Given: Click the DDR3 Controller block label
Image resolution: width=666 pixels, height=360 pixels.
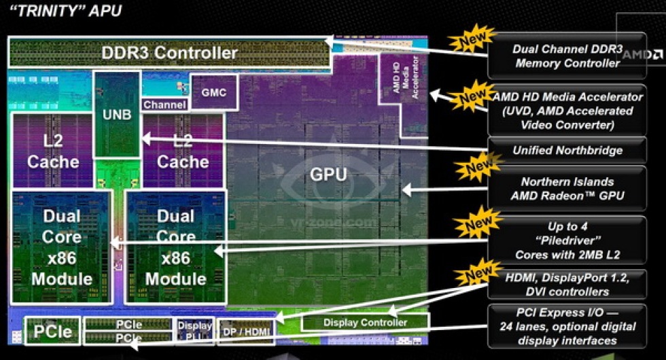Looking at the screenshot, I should tap(169, 52).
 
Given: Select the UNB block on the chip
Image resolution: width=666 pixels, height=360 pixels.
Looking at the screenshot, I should tap(117, 114).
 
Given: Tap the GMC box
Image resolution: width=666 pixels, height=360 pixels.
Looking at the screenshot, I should tap(213, 92).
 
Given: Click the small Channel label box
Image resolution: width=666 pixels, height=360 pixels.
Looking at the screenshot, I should tap(164, 105).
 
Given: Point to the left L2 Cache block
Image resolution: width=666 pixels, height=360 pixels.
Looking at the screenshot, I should tap(52, 151).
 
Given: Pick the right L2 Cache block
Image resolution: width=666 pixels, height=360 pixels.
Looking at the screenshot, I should tap(183, 151).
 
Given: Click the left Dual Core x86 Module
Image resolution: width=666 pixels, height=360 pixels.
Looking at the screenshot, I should tap(62, 247).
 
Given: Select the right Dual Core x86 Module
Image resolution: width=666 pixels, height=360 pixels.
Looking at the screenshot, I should tap(175, 247).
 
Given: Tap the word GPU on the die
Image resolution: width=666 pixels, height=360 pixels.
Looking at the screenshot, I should tap(328, 175).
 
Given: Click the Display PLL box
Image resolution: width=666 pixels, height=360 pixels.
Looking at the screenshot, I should tap(194, 331).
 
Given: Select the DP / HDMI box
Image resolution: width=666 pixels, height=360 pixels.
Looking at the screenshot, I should tap(246, 332).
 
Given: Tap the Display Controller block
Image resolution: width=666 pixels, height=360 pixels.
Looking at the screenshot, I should tap(365, 322).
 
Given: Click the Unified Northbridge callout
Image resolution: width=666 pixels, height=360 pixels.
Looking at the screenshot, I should tap(567, 150).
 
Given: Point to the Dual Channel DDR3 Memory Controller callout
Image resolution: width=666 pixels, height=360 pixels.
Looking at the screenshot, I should tap(567, 56).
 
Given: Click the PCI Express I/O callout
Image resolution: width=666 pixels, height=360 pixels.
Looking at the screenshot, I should tap(567, 327).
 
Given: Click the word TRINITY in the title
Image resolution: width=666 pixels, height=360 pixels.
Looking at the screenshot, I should tap(33, 12).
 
